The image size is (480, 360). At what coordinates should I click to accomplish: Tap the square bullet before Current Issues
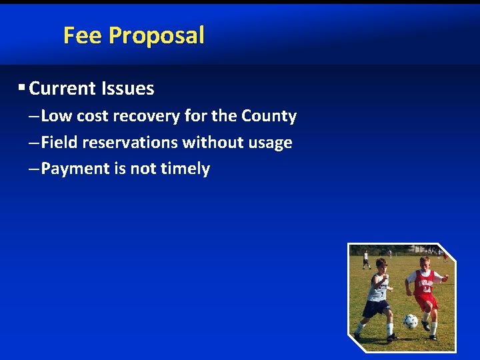pyautogui.click(x=22, y=87)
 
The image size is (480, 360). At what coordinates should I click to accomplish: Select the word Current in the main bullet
pyautogui.click(x=63, y=89)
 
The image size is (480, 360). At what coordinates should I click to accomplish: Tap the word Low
pyautogui.click(x=57, y=116)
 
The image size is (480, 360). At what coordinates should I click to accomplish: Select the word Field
pyautogui.click(x=58, y=143)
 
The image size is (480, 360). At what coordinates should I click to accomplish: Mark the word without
pyautogui.click(x=211, y=143)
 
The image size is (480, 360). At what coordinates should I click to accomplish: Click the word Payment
pyautogui.click(x=75, y=169)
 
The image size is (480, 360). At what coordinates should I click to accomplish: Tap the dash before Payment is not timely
pyautogui.click(x=34, y=169)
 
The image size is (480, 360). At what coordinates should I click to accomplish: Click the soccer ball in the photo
pyautogui.click(x=411, y=321)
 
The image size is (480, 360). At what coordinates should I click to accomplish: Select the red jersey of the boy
pyautogui.click(x=424, y=283)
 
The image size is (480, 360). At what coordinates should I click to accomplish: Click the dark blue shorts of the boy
pyautogui.click(x=375, y=307)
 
